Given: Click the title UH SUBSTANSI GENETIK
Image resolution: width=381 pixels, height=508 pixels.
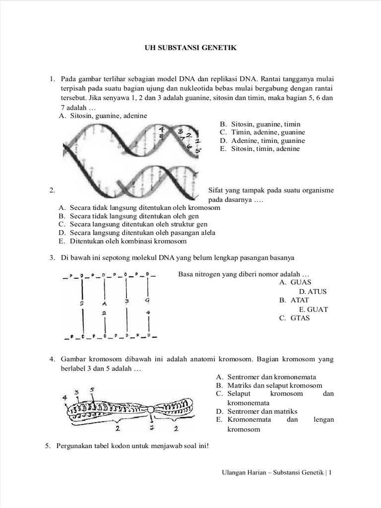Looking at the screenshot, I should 190,48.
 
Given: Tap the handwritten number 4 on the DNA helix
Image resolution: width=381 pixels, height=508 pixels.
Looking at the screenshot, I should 161,129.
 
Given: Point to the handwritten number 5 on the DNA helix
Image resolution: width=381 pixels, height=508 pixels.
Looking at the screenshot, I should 198,150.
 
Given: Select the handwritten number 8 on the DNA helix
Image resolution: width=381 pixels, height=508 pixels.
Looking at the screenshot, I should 162,135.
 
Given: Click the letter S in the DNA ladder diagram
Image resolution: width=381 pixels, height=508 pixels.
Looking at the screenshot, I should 83,302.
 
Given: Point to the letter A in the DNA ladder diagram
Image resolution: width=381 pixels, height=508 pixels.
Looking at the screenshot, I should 104,302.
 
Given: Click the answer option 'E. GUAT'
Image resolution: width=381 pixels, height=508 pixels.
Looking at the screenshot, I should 314,310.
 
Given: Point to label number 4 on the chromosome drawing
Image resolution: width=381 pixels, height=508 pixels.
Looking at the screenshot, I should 65,397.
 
